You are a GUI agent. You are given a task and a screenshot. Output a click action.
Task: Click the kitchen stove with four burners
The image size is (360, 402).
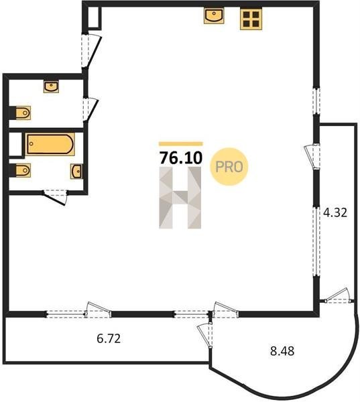coord(251,19)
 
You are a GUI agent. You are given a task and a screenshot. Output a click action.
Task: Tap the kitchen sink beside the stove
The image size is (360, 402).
coord(214,15)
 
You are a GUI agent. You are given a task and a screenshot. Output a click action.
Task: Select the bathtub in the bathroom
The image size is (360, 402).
coord(50,144)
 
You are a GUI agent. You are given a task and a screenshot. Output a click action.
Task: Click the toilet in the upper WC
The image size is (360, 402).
coord(23,113)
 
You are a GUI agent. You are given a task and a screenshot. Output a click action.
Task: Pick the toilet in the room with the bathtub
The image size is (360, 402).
coord(23,170)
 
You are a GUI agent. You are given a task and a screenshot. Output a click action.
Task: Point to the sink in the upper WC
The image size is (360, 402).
coord(51,86)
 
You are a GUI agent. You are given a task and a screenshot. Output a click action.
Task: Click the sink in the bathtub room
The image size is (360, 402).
coord(76,172)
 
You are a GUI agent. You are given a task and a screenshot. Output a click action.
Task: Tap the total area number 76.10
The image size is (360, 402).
coord(181,157)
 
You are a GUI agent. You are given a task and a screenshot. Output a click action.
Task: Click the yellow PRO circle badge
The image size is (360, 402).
coord(229,167)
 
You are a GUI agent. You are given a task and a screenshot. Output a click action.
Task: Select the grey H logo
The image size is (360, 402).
coord(180,198)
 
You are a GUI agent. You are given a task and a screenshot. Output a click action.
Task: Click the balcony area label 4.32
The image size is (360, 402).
coord(335,212)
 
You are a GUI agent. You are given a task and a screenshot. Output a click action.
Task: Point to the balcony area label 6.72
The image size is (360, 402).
coord(109,338)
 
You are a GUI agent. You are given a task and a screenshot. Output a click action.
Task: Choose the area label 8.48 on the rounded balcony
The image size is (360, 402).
coord(282,350)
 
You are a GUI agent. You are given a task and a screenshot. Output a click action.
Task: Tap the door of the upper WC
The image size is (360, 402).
coord(90,109)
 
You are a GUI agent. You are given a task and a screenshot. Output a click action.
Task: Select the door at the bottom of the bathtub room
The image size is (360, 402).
coord(55,197)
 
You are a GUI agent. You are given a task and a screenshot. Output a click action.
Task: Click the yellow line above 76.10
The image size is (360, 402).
coord(181,143)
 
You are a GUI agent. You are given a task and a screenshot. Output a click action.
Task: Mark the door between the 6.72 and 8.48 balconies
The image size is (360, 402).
coord(204,336)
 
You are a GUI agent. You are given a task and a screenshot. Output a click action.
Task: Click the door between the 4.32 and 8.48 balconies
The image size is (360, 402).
coord(338,295)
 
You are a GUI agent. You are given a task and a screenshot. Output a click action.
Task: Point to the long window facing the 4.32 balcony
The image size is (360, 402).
coord(316,241)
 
